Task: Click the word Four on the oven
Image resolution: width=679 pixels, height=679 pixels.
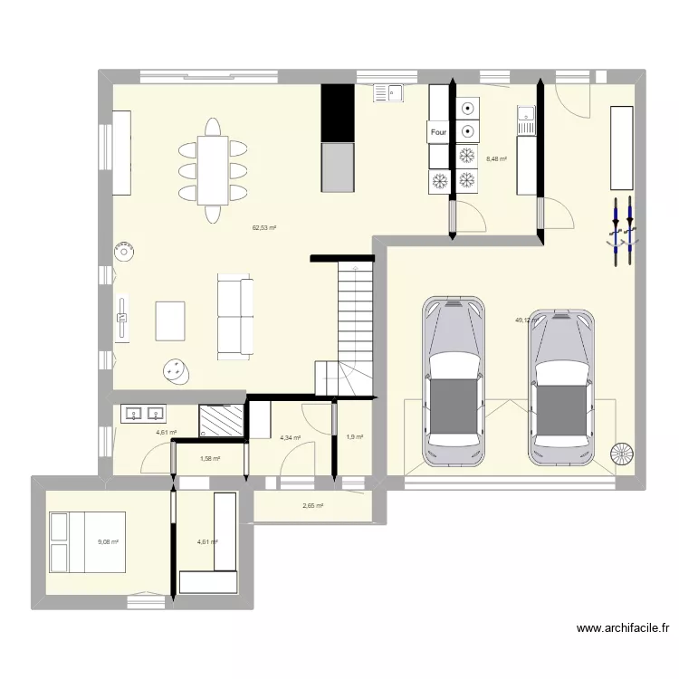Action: pos(439,132)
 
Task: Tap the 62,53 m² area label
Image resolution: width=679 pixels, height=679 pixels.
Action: pos(263,227)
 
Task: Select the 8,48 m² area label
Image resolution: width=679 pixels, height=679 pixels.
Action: pos(496,159)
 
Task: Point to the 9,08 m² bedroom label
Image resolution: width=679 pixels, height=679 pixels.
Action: pos(108,542)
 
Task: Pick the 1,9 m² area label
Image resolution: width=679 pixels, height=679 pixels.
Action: pos(354,437)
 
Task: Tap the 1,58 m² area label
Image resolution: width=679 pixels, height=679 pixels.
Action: pos(209,458)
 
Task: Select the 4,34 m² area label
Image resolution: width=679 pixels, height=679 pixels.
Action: pos(291,438)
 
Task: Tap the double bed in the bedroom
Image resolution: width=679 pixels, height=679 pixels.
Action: pos(87,541)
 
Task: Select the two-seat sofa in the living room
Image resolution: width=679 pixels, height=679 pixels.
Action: pos(235,315)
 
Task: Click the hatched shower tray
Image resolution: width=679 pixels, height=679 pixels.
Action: pos(222,421)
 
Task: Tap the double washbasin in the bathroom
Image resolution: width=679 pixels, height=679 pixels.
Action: pos(143,415)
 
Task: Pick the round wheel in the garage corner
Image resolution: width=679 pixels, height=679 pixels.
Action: pos(622,454)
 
